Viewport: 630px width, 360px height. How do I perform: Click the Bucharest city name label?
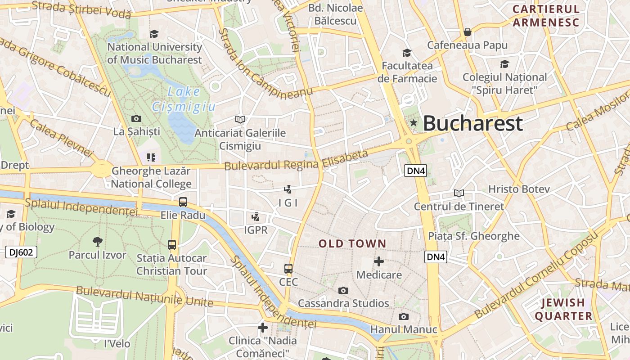tap(473, 123)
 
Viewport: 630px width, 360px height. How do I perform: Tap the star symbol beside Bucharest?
tap(413, 123)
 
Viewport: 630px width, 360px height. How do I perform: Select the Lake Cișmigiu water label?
tap(184, 99)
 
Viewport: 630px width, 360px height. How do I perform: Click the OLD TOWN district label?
tap(352, 244)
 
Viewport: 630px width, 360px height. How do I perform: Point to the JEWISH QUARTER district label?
tap(563, 309)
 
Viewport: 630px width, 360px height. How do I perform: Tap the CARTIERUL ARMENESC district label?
tap(546, 16)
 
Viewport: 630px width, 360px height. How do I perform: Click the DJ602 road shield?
tap(21, 252)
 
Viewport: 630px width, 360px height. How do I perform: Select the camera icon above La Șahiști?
tap(136, 118)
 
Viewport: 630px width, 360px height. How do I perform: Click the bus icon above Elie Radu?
tap(183, 202)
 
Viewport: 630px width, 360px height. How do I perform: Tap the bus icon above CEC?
tap(288, 269)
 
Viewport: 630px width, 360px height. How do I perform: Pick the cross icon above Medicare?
tap(379, 261)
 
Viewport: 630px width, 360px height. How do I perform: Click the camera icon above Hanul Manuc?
tap(404, 316)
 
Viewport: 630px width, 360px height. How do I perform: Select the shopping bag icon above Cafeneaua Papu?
tap(468, 32)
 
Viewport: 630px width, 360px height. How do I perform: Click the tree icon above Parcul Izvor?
tap(97, 242)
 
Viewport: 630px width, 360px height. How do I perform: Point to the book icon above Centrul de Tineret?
tap(459, 193)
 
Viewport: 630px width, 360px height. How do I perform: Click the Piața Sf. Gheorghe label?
tap(473, 236)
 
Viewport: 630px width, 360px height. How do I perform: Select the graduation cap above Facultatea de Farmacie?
tap(407, 53)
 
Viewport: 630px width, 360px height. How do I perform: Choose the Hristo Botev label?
tap(519, 189)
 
